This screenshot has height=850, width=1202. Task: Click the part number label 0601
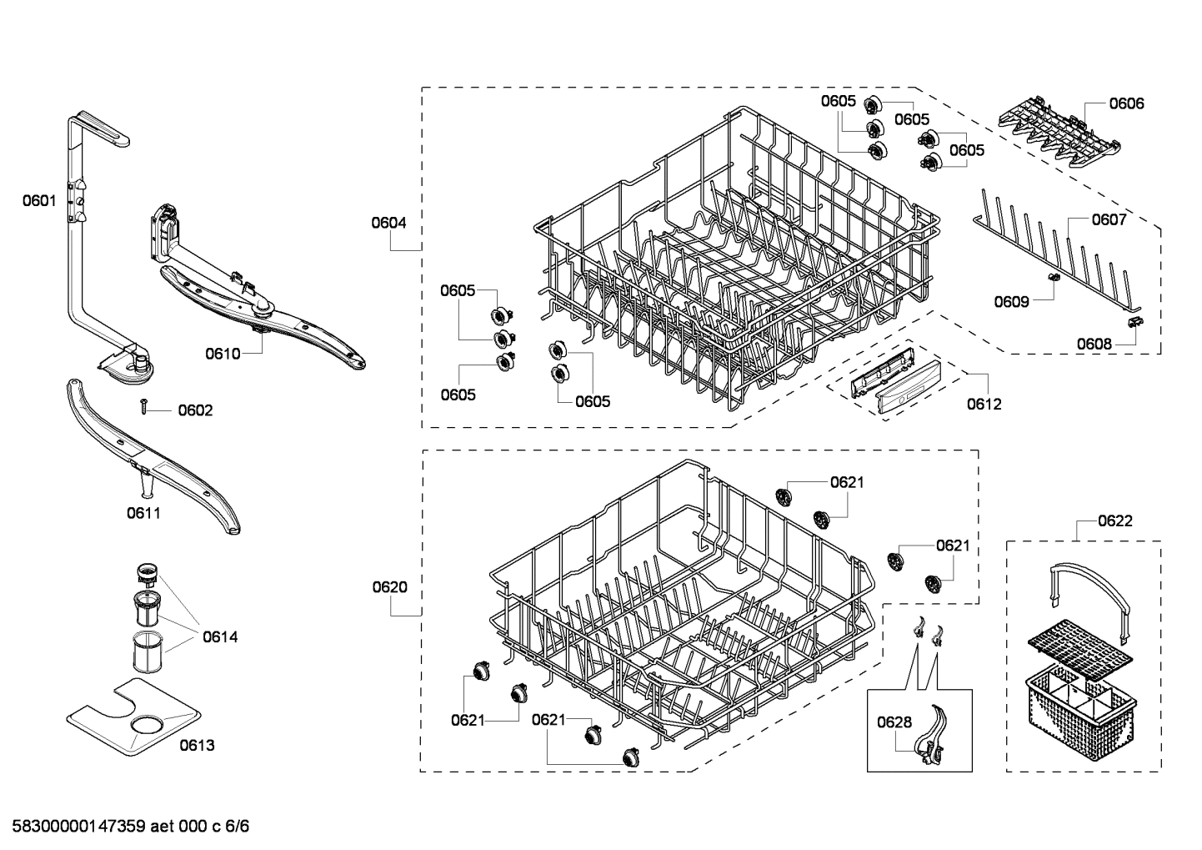coord(39,200)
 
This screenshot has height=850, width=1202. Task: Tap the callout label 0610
coord(223,354)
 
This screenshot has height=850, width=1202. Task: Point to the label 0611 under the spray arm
coord(143,513)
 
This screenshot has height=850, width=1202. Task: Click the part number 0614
coord(220,637)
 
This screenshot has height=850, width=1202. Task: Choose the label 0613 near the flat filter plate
coord(197,745)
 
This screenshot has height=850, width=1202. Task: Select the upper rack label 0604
coord(389,223)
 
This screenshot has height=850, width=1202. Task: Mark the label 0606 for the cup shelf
coord(1126,103)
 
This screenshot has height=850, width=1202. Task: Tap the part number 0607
coord(1109,219)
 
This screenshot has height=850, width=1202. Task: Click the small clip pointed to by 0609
coord(1053,277)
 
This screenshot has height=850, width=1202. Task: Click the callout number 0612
coord(984,404)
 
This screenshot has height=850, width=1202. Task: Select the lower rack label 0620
coord(389,587)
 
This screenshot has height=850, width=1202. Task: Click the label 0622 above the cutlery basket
coord(1115,521)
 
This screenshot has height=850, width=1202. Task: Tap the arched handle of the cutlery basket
coord(1087,588)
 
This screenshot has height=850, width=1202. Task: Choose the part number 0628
coord(894,722)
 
